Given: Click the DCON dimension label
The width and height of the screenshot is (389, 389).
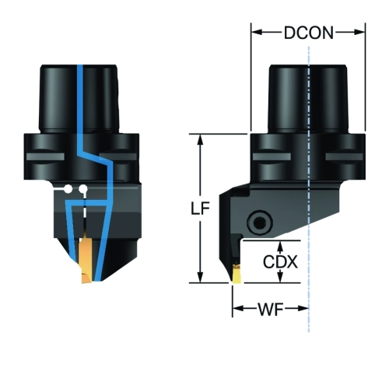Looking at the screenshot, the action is click(308, 33).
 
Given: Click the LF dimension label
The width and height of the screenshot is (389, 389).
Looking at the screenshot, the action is click(200, 209).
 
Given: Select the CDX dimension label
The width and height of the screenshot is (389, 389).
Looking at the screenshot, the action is click(280, 261).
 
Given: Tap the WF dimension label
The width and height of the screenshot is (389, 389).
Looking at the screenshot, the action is click(270, 309).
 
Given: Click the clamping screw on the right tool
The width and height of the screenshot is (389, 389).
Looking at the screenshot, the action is click(260, 223).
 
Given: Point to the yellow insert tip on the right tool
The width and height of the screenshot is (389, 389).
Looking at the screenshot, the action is click(237, 275).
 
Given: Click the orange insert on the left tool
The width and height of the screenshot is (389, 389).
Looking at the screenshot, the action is click(85, 261).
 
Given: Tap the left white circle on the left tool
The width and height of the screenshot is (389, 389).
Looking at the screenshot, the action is click(68, 189).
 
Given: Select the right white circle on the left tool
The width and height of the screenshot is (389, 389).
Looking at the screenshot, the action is click(83, 189).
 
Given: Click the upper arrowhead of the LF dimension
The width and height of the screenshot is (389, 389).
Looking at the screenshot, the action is click(200, 139).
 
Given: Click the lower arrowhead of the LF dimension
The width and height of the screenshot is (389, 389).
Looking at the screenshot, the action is click(200, 278).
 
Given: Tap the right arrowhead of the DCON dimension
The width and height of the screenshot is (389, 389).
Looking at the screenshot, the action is click(359, 32).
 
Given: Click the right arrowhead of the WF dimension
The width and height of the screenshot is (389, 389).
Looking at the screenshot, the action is click(303, 308).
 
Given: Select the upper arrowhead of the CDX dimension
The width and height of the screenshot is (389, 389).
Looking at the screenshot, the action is click(280, 246).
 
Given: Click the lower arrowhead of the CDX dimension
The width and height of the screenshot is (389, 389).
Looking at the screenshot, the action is click(280, 278).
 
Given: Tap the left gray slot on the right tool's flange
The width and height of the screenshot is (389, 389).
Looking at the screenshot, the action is click(272, 156).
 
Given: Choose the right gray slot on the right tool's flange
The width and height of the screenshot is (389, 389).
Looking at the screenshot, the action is click(344, 156).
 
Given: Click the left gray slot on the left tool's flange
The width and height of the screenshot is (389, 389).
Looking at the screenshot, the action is click(45, 156).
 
